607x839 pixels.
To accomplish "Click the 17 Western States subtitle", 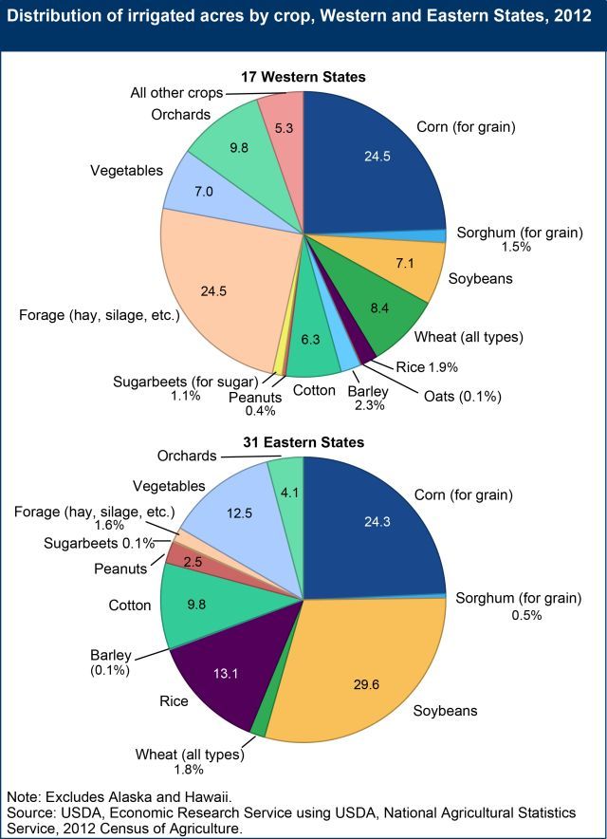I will coord(303,76).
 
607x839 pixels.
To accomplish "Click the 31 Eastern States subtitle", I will coord(303,442).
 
